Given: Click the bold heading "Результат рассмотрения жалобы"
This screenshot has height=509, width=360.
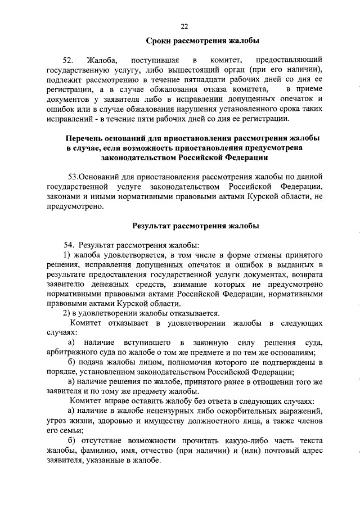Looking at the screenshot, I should click(x=195, y=226).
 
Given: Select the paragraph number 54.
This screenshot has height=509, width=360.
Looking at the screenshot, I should click(x=69, y=245).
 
